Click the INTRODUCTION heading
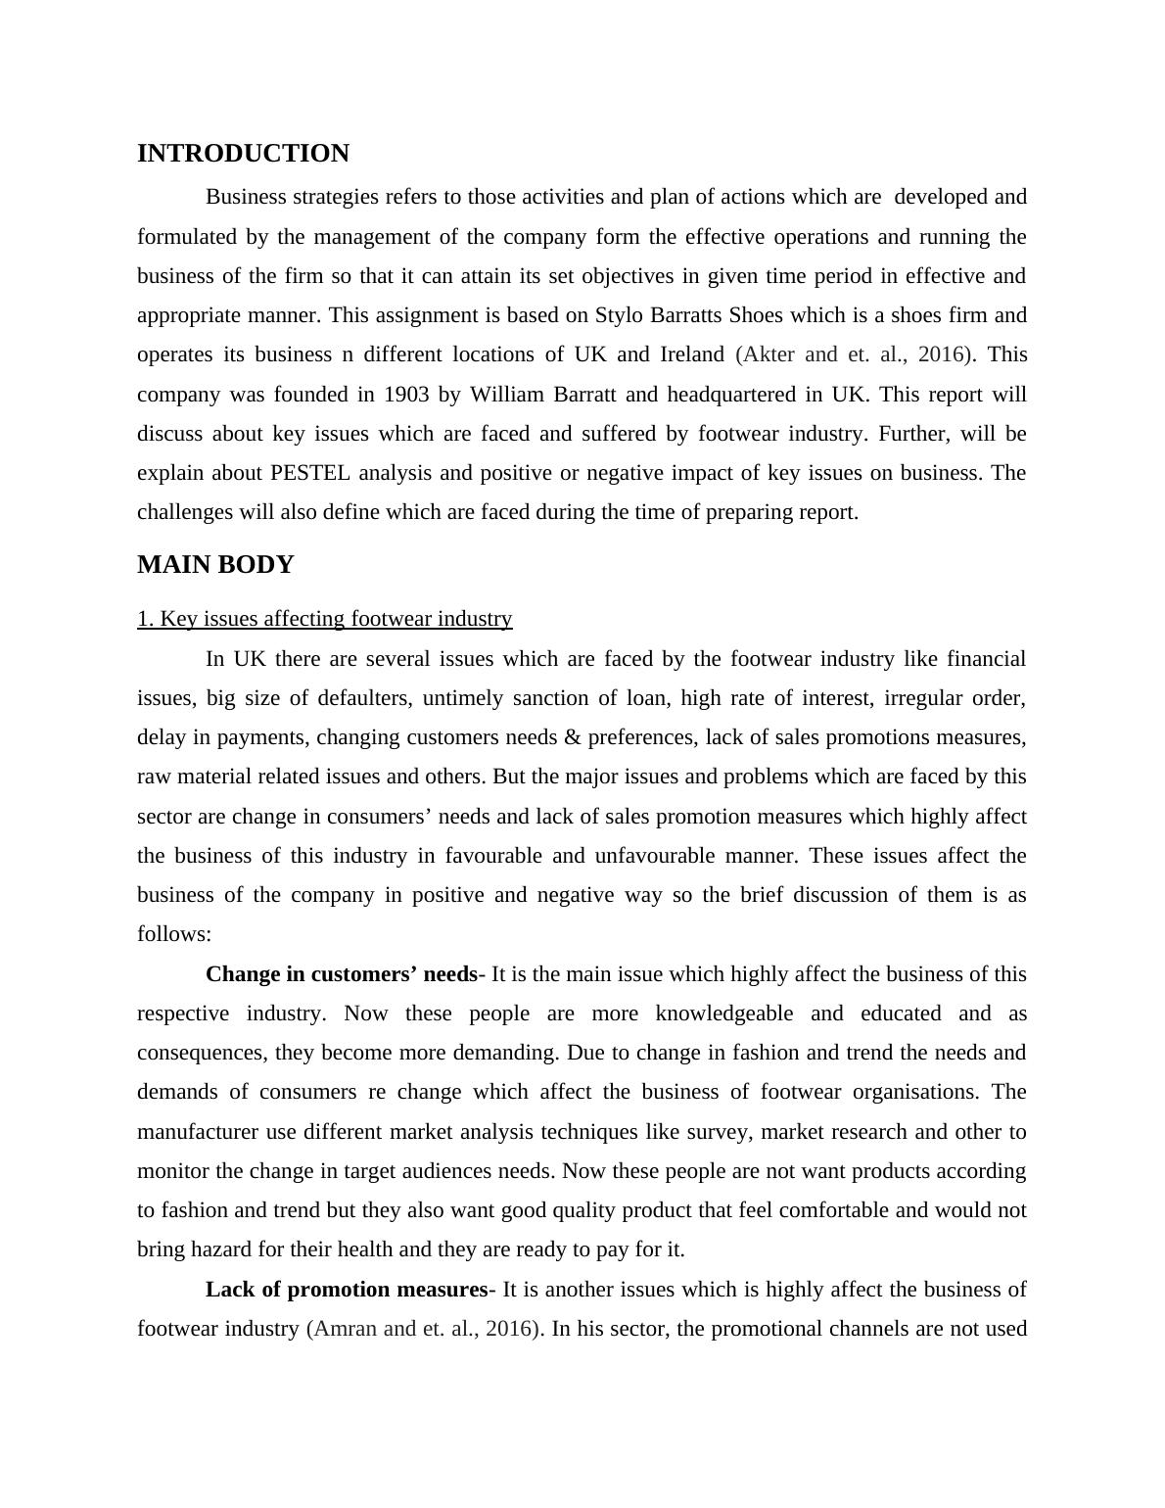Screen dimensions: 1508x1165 click(243, 154)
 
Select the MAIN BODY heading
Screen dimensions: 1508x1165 click(215, 565)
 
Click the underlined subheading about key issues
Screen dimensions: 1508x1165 click(324, 619)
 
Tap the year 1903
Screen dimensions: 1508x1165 click(405, 395)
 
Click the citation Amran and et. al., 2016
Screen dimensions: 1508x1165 click(423, 1329)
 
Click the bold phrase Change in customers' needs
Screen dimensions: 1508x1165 click(341, 974)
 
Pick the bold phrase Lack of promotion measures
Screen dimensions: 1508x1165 click(346, 1290)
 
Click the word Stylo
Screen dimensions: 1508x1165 click(619, 315)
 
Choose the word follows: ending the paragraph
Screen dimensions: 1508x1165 click(174, 934)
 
